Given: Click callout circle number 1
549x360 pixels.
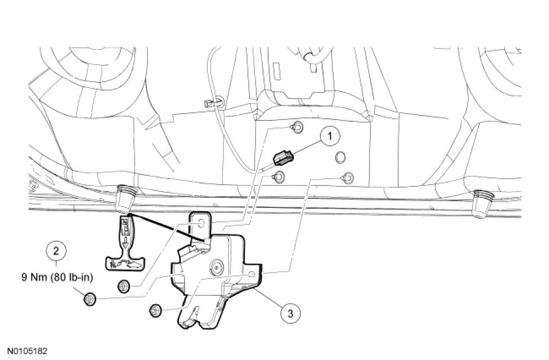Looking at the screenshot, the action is [x=330, y=136].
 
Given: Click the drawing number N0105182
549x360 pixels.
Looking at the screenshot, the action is [x=28, y=350].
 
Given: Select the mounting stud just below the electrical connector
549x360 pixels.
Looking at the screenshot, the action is [x=277, y=177].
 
